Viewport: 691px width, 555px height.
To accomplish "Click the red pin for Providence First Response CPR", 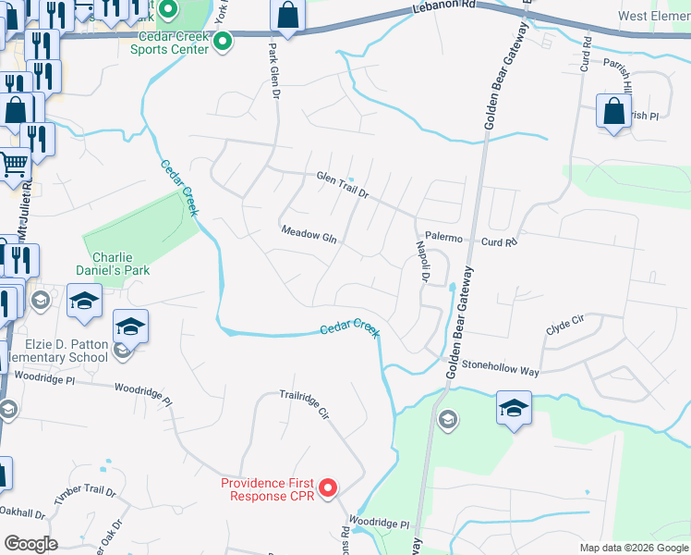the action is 327,487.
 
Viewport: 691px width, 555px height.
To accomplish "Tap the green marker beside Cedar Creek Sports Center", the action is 222,42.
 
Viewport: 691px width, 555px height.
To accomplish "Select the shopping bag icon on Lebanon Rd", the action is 288,16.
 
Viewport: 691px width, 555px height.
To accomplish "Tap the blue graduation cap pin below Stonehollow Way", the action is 514,408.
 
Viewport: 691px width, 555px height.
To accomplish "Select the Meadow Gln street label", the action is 309,234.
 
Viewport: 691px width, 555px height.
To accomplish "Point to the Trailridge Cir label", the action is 305,406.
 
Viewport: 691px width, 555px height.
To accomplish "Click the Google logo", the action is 30,544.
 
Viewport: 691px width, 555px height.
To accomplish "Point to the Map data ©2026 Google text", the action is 633,548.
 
